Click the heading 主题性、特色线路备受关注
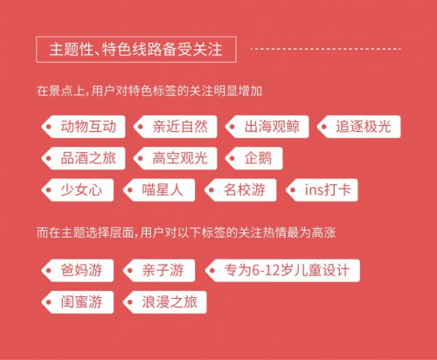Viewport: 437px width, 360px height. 135,49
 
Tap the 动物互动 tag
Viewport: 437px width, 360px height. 83,127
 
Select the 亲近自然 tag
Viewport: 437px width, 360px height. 176,127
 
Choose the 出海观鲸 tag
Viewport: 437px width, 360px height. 267,127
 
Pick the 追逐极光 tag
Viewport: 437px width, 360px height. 359,127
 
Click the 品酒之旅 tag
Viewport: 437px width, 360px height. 83,158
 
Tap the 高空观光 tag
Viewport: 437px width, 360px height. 176,158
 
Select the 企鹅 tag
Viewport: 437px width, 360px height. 254,158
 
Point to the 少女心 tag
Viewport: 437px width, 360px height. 78,190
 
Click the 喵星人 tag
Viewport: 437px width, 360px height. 159,190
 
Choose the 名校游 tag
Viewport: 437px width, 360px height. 240,190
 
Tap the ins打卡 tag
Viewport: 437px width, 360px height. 322,190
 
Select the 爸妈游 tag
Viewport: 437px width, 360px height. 78,271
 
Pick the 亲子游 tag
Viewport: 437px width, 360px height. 159,271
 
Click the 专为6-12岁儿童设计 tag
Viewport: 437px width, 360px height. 282,271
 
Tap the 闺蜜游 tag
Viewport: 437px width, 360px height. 78,302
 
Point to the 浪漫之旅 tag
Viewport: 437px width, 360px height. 165,302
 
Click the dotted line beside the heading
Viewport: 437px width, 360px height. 326,49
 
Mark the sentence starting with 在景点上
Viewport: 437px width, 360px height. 149,91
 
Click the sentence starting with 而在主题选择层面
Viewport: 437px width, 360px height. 186,232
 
